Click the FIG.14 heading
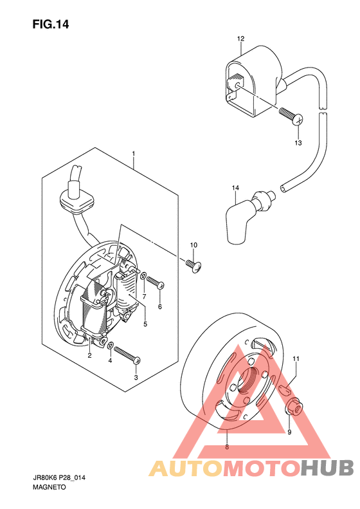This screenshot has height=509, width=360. click(x=51, y=24)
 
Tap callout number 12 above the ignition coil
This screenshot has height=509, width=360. click(x=240, y=39)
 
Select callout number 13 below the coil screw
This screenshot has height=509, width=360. click(x=298, y=142)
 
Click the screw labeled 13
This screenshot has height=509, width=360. click(x=291, y=116)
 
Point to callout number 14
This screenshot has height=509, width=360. click(x=235, y=188)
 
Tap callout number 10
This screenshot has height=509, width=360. click(x=194, y=245)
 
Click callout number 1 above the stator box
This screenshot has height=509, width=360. click(x=133, y=153)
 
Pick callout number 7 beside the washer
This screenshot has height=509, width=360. click(x=144, y=297)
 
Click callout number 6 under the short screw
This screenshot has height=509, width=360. click(x=160, y=306)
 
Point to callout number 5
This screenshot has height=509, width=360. click(x=145, y=324)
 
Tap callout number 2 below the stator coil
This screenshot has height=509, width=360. click(x=89, y=355)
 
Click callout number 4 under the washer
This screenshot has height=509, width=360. click(x=110, y=360)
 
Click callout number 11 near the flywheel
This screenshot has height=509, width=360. click(x=296, y=358)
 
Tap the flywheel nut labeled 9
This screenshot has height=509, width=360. click(x=294, y=407)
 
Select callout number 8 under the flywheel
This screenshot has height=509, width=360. click(x=227, y=447)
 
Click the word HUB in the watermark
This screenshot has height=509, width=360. click(x=327, y=468)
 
